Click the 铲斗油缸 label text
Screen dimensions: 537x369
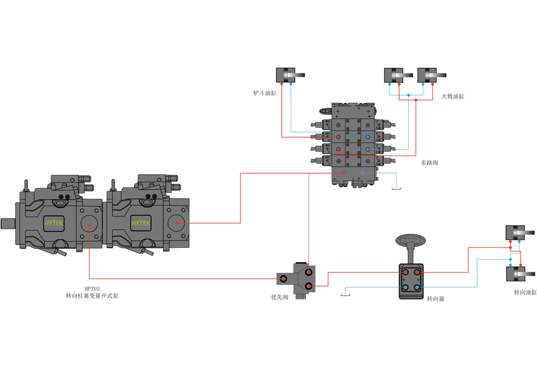click(265, 93)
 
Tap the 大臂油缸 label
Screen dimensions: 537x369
click(453, 96)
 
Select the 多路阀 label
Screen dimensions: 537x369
click(429, 163)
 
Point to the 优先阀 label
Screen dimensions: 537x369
click(279, 297)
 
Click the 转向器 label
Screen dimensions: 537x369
click(435, 298)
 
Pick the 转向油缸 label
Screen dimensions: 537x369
click(525, 292)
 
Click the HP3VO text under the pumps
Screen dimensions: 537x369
click(92, 289)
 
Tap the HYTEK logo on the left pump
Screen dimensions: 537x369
click(54, 223)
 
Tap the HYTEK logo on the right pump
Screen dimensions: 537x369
click(141, 223)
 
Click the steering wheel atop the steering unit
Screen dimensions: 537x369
click(410, 240)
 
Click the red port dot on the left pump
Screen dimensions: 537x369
click(89, 224)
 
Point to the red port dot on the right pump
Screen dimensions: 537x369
click(176, 223)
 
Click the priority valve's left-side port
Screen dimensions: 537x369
click(283, 279)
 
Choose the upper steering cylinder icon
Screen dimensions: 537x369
click(520, 232)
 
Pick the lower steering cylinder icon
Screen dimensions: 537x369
click(520, 274)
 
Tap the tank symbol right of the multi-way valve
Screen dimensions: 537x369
click(396, 188)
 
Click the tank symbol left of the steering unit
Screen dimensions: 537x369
click(345, 294)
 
